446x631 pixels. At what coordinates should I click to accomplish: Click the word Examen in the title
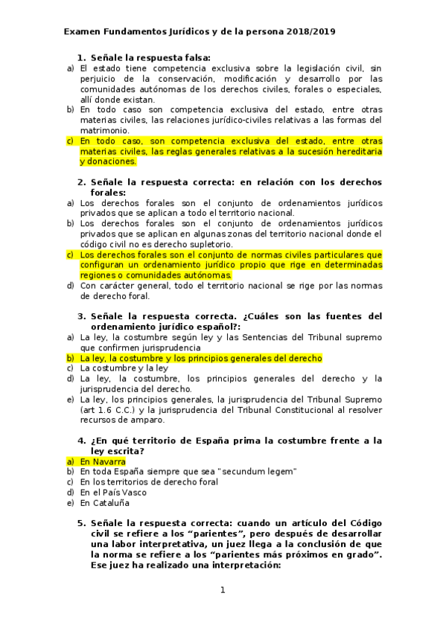pos(82,32)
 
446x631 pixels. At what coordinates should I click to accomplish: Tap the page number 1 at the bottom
pos(222,590)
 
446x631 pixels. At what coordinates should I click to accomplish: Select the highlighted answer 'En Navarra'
pos(103,461)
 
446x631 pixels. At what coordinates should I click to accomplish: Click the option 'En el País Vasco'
pos(113,492)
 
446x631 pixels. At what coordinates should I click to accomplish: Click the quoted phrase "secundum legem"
pos(257,472)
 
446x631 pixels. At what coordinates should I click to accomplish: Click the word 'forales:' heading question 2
pos(108,192)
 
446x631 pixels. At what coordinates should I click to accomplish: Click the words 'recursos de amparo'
pos(115,420)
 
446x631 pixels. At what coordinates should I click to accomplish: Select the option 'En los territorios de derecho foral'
pos(149,481)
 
